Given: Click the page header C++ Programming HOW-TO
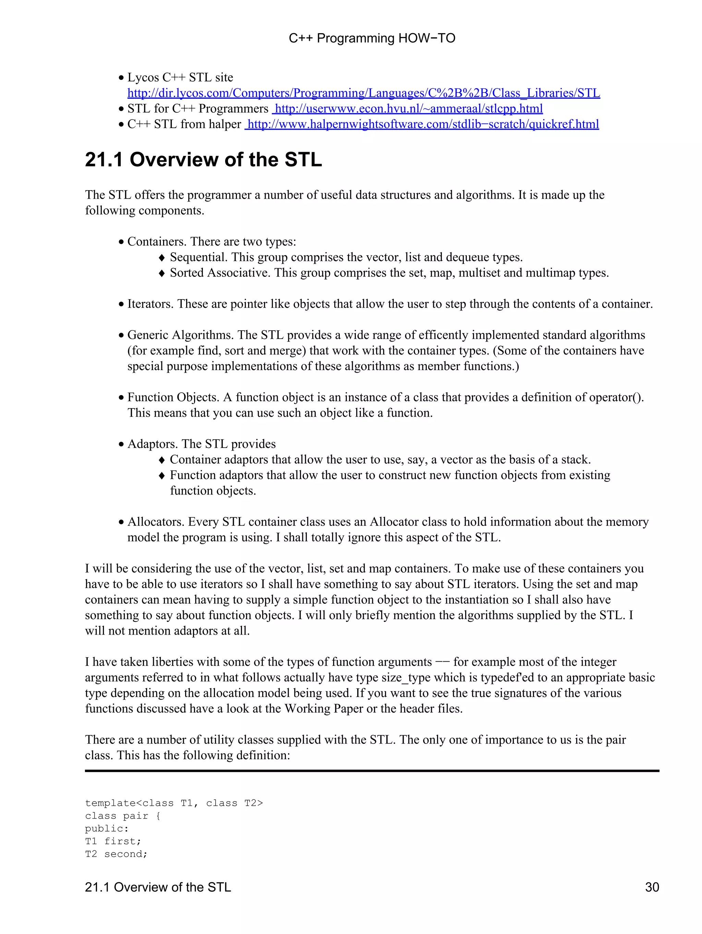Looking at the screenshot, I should [372, 38].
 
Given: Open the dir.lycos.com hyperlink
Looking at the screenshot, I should [363, 93].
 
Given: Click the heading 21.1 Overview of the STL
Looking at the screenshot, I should [203, 160].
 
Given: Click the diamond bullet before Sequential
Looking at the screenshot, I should [161, 258].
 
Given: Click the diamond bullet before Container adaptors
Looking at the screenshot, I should [161, 460].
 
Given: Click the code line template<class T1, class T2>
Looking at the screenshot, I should [174, 803].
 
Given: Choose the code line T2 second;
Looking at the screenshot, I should [116, 854].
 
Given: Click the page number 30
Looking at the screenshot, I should [652, 887].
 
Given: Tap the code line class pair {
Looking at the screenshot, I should [122, 816].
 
